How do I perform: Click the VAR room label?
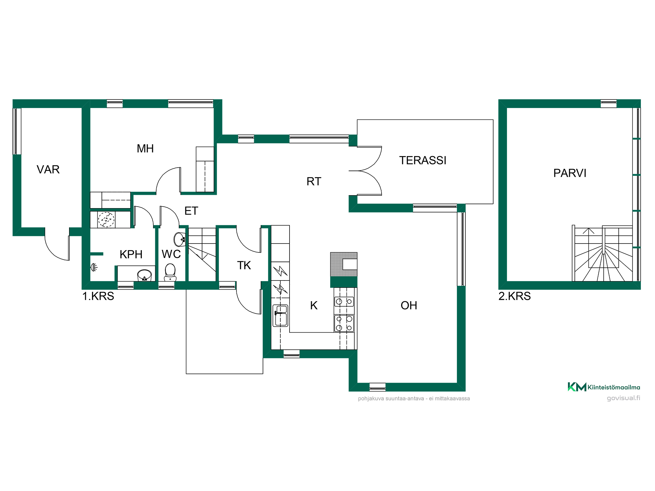pos(48,170)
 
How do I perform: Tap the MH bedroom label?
pos(145,149)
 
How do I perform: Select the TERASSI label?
pos(422,160)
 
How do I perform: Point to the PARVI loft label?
pos(570,173)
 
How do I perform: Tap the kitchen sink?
pos(280,316)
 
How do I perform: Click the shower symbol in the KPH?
pos(94,267)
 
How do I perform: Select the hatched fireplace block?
pos(344,264)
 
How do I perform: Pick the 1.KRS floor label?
pos(98,296)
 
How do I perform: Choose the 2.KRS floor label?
pos(515,296)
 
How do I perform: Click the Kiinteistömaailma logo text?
pos(614,388)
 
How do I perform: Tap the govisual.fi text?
pos(623,398)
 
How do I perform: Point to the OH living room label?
pos(409,306)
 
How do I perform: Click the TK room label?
pos(244,265)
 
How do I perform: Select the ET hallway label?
pos(191,211)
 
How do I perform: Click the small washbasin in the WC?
pos(179,239)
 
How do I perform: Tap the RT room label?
pos(314,182)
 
